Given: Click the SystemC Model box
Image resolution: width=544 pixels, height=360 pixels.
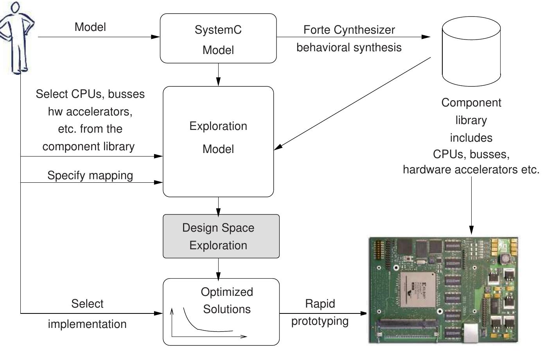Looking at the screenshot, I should pos(218,39).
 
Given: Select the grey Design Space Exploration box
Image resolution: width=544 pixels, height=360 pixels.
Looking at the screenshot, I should pos(221,236).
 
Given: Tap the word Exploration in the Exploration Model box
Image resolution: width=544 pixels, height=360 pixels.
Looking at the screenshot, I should pos(218,126).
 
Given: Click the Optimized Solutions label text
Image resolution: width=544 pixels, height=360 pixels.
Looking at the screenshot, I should pos(227,301).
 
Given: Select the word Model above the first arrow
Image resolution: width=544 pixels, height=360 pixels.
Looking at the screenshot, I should pos(90,27).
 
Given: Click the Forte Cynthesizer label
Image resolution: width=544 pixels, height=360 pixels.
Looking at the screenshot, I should pos(349,30).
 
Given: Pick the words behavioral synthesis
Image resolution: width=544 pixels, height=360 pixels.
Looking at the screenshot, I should pos(349,47).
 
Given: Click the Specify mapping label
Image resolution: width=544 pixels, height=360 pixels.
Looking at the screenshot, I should pos(90,175).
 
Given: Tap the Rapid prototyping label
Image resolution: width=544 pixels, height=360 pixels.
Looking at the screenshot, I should pos(320,312).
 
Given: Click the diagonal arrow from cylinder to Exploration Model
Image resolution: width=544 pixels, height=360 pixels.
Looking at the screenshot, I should pos(352,103).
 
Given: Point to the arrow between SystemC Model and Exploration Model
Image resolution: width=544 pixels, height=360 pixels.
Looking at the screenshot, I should pos(218,75).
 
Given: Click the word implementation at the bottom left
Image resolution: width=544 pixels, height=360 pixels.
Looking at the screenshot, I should pos(87,324).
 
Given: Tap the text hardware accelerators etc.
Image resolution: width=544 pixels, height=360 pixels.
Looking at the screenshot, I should pos(471,170).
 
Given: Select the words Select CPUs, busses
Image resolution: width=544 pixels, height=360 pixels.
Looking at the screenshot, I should pos(90,94).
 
